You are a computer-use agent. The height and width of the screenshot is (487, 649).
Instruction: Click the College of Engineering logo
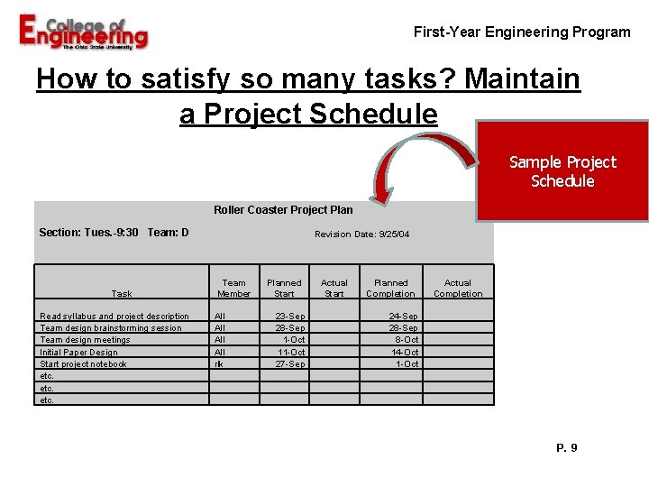(x=83, y=33)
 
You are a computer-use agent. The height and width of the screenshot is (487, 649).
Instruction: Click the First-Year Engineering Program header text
(x=522, y=32)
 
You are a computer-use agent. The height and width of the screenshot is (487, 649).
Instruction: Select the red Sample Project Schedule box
(x=562, y=171)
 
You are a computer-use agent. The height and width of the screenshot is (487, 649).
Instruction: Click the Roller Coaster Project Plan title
(x=283, y=210)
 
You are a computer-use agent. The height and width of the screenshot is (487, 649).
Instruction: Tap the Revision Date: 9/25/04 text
(x=361, y=234)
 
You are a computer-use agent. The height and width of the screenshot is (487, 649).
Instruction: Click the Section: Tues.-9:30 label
(x=89, y=233)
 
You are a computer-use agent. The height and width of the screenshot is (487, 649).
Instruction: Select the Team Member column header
(x=233, y=288)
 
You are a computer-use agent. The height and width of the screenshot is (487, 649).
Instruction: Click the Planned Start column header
(x=284, y=288)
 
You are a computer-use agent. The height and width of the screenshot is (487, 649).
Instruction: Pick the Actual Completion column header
(x=458, y=288)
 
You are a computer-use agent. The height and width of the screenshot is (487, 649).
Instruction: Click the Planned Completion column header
(x=390, y=288)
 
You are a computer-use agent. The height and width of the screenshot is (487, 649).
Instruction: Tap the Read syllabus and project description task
(x=114, y=317)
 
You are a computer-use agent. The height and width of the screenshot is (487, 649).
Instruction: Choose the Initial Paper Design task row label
(x=78, y=353)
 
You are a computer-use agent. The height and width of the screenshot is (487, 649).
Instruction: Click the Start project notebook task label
(x=83, y=364)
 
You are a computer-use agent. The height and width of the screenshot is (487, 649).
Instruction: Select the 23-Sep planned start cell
(x=290, y=317)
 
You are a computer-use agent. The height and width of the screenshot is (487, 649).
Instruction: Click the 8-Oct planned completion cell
(x=406, y=340)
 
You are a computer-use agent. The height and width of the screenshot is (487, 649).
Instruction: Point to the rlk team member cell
(x=218, y=364)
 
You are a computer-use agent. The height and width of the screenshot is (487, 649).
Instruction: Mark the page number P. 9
(x=567, y=448)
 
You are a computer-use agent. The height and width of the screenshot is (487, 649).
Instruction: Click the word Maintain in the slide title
(x=522, y=80)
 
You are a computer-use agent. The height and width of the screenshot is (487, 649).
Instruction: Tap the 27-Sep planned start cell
(x=290, y=364)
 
